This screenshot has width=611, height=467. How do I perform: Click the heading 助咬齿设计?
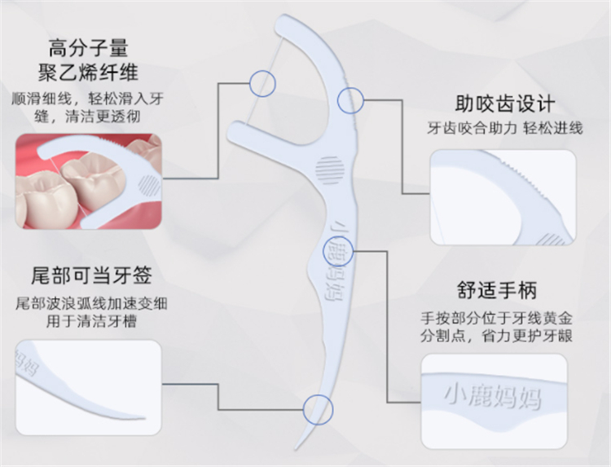[x=505, y=104]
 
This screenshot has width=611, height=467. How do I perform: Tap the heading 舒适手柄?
[x=497, y=290]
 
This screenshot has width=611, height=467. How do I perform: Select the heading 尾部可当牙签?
[x=91, y=275]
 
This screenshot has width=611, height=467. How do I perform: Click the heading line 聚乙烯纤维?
[x=88, y=73]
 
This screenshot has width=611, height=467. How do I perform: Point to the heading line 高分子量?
[x=88, y=48]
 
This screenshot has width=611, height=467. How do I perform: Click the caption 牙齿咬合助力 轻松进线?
[x=505, y=128]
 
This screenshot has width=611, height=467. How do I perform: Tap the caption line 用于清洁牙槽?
[x=91, y=321]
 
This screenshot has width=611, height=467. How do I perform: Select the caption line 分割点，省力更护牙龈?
[x=496, y=336]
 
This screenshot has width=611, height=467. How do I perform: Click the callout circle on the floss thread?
[x=262, y=83]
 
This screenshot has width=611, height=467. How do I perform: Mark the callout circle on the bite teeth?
[x=350, y=100]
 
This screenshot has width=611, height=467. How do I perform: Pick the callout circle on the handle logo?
[x=338, y=252]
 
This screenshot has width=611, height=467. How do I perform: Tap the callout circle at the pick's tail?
[x=319, y=410]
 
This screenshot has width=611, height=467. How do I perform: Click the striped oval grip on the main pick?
[x=330, y=170]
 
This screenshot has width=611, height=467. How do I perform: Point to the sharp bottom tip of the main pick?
[x=297, y=448]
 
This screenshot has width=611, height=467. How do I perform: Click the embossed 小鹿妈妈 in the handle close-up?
[x=493, y=397]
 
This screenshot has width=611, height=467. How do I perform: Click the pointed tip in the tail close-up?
[x=143, y=418]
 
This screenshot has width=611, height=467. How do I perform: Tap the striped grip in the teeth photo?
[x=149, y=186]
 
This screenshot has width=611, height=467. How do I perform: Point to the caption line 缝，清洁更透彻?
[x=87, y=117]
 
